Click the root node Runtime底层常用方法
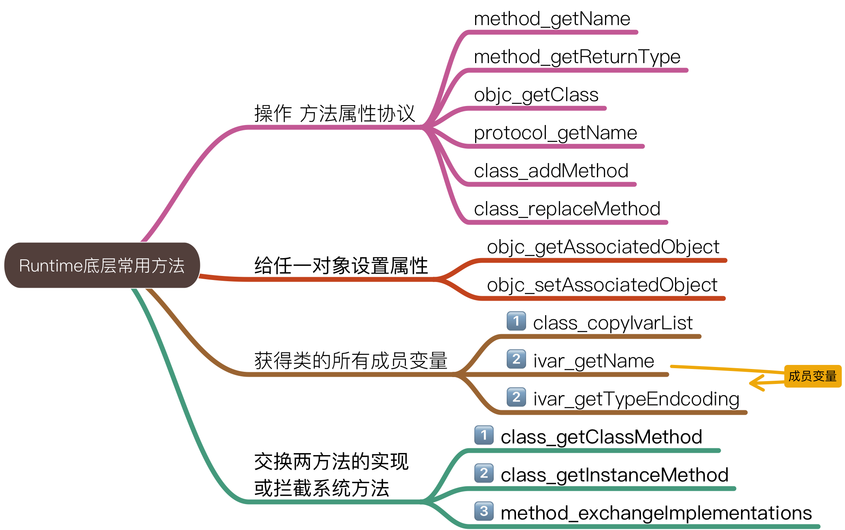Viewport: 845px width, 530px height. pyautogui.click(x=102, y=265)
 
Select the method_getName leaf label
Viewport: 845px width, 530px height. pyautogui.click(x=552, y=19)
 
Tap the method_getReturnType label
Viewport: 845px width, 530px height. pyautogui.click(x=577, y=57)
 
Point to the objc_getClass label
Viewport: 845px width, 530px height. pyautogui.click(x=536, y=95)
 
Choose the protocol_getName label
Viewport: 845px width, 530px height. pyautogui.click(x=555, y=133)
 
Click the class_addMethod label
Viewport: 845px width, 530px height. pyautogui.click(x=551, y=171)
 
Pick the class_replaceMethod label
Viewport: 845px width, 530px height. pyautogui.click(x=567, y=209)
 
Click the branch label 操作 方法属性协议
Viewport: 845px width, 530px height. pyautogui.click(x=335, y=113)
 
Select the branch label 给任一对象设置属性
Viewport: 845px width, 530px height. pyautogui.click(x=341, y=266)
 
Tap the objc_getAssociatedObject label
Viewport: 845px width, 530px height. pyautogui.click(x=603, y=247)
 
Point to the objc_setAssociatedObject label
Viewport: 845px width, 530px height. pyautogui.click(x=602, y=285)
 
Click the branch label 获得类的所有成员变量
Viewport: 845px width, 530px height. pyautogui.click(x=351, y=360)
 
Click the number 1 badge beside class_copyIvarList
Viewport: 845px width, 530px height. pyautogui.click(x=516, y=321)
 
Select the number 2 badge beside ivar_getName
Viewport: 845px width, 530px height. pyautogui.click(x=516, y=359)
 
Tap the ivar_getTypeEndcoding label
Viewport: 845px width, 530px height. pyautogui.click(x=636, y=399)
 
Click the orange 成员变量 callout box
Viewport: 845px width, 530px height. pyautogui.click(x=813, y=376)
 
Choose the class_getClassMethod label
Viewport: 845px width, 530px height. pyautogui.click(x=601, y=437)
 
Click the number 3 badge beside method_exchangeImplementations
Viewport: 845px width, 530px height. pyautogui.click(x=484, y=511)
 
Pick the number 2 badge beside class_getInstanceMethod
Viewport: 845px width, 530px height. pyautogui.click(x=484, y=473)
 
